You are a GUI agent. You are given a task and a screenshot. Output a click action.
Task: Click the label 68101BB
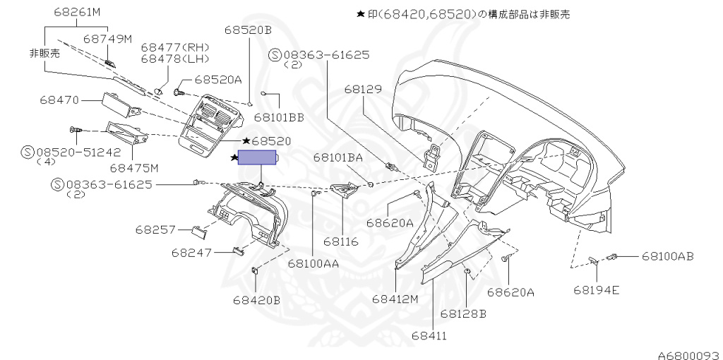coord(279,117)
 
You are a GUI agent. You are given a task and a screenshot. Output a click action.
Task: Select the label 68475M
coord(134,167)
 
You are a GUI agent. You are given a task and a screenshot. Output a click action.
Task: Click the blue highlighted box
coord(258,158)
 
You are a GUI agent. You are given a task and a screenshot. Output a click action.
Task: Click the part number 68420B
coord(256,300)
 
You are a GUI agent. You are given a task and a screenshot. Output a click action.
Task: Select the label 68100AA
coord(313,263)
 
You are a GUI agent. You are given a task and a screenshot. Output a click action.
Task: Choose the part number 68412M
coord(395,299)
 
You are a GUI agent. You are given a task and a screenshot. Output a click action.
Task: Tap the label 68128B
coord(463,313)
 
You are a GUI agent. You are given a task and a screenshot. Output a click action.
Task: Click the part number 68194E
coord(597,289)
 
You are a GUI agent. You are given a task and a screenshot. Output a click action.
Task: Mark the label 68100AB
coord(667,256)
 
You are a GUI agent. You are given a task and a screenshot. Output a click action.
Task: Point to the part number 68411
coord(429,335)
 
